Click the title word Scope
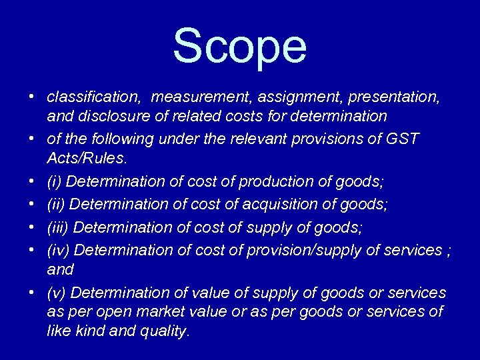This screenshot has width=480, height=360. (240, 47)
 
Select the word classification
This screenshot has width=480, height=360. (93, 97)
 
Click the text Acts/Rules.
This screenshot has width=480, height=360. (87, 159)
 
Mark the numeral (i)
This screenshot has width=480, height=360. (55, 181)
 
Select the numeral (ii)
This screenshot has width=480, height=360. (57, 204)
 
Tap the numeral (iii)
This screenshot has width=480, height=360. (58, 227)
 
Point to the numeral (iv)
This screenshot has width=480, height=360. (59, 250)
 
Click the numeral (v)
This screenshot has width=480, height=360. (57, 293)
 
